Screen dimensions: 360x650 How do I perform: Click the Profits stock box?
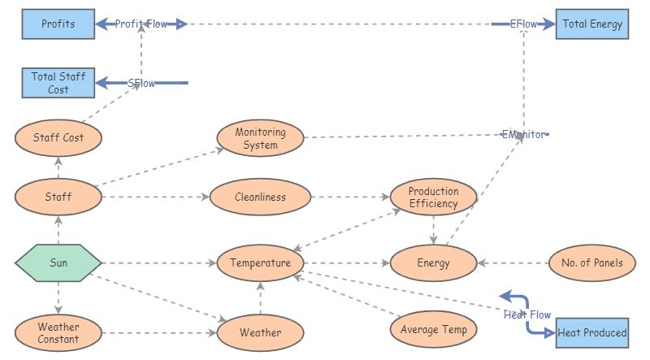(58, 24)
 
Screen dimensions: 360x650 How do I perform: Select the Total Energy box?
(592, 24)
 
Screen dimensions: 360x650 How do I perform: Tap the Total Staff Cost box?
(58, 83)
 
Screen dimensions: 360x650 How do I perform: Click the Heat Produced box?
(592, 332)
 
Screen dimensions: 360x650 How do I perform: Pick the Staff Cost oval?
(58, 137)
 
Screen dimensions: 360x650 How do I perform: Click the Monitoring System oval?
(260, 138)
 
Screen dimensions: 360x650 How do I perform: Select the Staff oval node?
(58, 197)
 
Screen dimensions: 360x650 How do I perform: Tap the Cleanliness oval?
(260, 197)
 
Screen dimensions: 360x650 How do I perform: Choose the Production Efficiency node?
(434, 197)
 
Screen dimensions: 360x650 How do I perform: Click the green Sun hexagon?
(58, 263)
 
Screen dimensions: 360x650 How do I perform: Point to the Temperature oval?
(260, 263)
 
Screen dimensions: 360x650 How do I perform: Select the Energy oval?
(434, 263)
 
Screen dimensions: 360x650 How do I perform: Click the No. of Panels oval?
(592, 262)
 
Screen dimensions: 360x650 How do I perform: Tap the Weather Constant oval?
(58, 332)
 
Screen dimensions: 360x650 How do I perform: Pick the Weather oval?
(260, 332)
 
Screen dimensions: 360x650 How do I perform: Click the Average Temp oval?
(434, 329)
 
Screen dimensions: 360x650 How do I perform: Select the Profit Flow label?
(141, 24)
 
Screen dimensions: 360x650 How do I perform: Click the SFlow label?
(141, 83)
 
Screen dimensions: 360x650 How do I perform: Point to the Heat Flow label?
(526, 314)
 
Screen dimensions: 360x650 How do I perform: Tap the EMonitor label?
(523, 134)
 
